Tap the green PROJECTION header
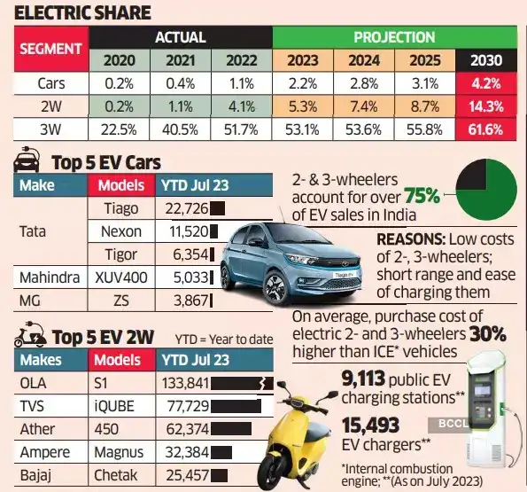coord(394,37)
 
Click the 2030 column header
coord(486,60)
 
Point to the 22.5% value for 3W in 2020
coord(119,129)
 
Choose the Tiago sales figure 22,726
coord(181,209)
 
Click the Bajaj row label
coord(35,475)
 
